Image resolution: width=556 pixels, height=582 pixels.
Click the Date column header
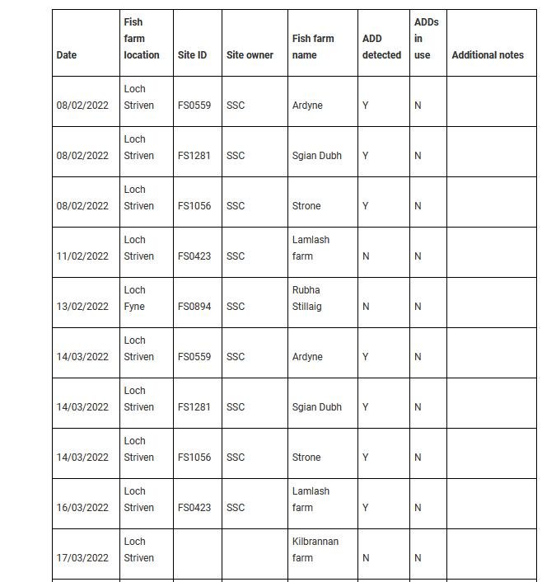tap(67, 55)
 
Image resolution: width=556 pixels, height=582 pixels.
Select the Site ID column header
tap(192, 55)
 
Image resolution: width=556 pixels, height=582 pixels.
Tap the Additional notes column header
tap(488, 55)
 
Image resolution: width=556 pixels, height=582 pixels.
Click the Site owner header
tap(250, 55)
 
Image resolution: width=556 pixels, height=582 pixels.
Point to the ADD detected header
tap(381, 47)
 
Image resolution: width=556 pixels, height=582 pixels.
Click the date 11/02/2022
tap(82, 256)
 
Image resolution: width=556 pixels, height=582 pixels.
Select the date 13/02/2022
tap(82, 307)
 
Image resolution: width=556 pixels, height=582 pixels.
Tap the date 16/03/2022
tap(82, 508)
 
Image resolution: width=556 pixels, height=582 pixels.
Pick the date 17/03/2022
tap(82, 558)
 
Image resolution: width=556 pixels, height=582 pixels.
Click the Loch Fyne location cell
tap(135, 298)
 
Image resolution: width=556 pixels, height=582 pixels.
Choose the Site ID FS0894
tap(194, 307)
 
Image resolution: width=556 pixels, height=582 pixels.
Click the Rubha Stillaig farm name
tap(306, 298)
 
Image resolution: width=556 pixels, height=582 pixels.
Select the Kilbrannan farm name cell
tap(315, 550)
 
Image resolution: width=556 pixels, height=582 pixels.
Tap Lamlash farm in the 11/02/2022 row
tap(311, 248)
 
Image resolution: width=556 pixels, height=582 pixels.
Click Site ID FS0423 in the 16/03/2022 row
tap(194, 508)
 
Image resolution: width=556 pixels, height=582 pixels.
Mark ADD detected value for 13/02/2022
tap(366, 307)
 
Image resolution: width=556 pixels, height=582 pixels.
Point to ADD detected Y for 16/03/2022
tap(366, 508)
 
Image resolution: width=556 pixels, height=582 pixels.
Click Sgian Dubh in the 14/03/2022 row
tap(316, 407)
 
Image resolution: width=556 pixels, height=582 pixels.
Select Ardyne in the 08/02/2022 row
tap(307, 106)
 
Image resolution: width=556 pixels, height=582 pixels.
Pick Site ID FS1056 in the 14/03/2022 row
tap(194, 458)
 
